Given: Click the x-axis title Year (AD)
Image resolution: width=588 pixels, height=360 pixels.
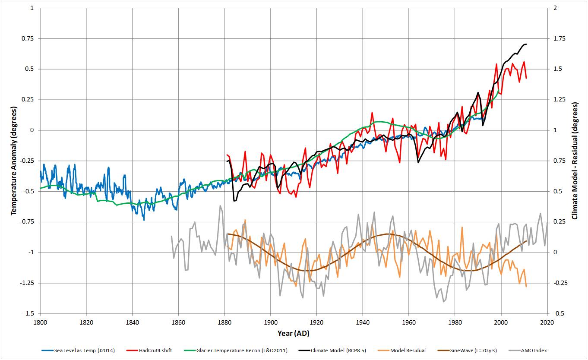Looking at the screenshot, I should tap(294, 334).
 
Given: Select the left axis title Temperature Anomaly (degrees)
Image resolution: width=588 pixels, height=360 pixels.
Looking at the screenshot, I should tap(13, 160).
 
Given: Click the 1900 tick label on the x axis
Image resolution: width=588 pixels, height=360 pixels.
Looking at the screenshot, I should tap(271, 322).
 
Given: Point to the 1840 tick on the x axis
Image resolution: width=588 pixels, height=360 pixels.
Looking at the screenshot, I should tap(133, 322).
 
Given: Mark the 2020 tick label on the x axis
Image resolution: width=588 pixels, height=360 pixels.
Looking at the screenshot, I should tap(547, 322).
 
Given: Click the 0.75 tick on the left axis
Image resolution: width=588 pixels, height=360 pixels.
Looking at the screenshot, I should tap(28, 38).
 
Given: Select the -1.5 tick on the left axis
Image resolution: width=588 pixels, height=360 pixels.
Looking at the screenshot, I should tap(29, 314).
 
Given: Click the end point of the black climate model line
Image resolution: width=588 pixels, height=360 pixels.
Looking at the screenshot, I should tap(526, 44).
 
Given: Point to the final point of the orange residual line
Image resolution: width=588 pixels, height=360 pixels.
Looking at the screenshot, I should tap(526, 287).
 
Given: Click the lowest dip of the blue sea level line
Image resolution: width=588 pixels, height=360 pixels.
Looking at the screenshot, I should tap(144, 220).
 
